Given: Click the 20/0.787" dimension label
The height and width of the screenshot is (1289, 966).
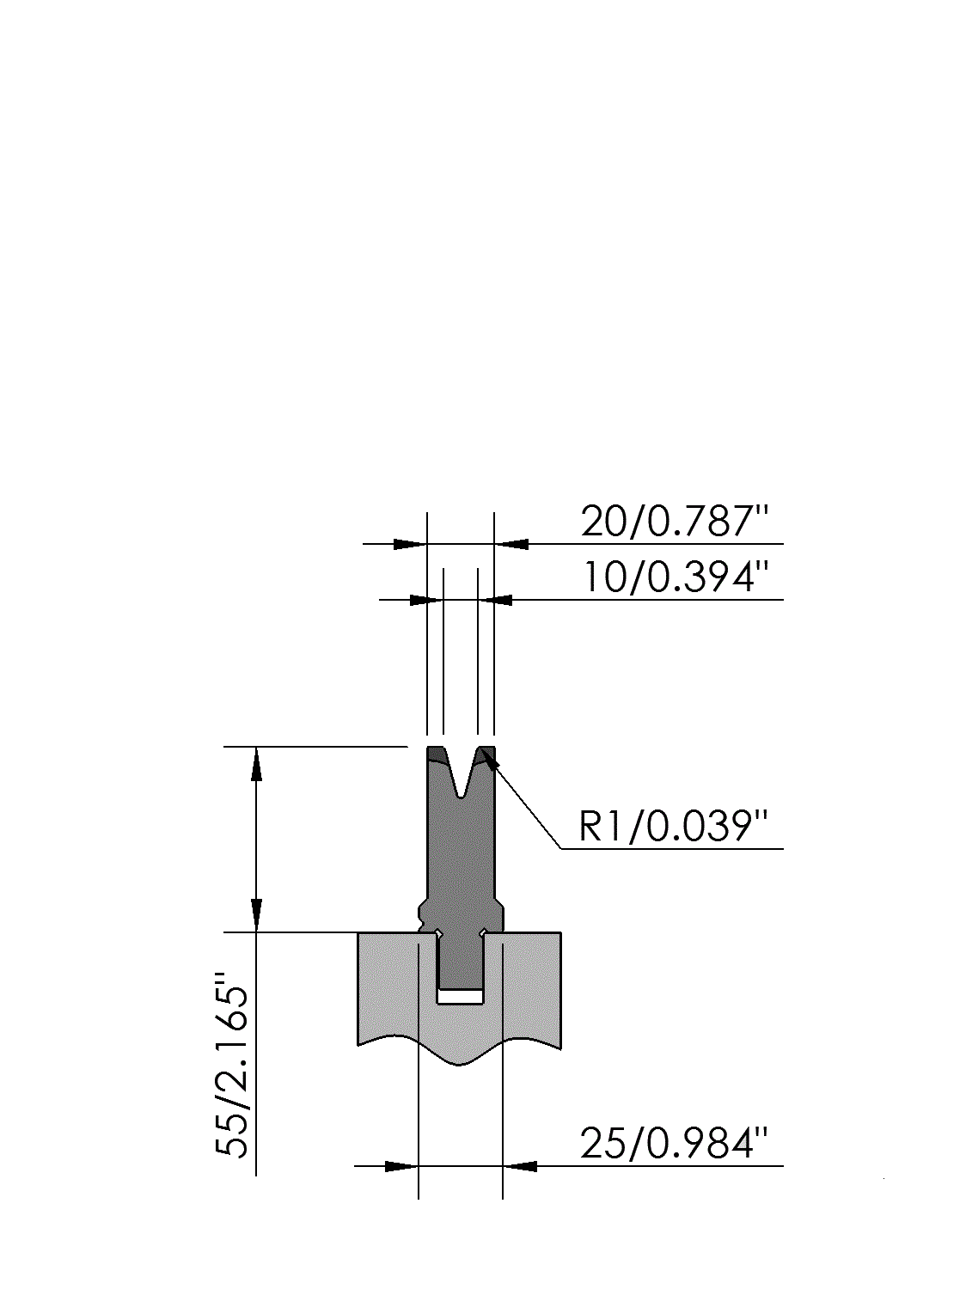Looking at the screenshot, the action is [674, 522].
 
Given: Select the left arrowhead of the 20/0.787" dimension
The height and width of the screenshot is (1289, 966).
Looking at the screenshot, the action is [409, 544].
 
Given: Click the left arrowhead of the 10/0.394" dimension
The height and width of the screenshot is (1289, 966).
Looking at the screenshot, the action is [425, 600].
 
